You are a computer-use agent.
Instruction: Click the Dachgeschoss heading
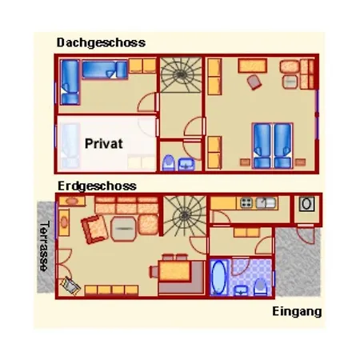(x=101, y=42)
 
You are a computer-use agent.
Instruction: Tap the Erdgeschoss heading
(x=97, y=186)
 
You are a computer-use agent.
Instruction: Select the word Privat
(x=104, y=143)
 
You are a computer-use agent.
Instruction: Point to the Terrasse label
(x=45, y=246)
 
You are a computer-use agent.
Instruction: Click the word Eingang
(x=297, y=311)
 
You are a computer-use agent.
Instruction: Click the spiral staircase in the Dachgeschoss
(x=181, y=75)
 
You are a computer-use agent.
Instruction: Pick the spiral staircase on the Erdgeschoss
(x=185, y=215)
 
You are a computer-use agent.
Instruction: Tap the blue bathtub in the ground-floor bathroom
(x=218, y=278)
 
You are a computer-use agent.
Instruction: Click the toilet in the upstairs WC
(x=169, y=162)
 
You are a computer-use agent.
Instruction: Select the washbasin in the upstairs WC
(x=186, y=164)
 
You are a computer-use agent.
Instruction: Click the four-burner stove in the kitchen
(x=246, y=203)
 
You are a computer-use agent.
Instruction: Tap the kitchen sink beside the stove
(x=266, y=203)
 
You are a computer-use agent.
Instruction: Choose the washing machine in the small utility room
(x=306, y=204)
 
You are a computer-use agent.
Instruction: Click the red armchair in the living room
(x=94, y=230)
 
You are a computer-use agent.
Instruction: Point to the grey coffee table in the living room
(x=123, y=229)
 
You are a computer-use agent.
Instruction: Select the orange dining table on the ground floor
(x=175, y=271)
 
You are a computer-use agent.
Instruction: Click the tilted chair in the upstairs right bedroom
(x=254, y=82)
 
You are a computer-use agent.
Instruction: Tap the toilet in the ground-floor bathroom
(x=260, y=287)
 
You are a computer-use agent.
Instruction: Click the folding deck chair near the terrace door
(x=70, y=286)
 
